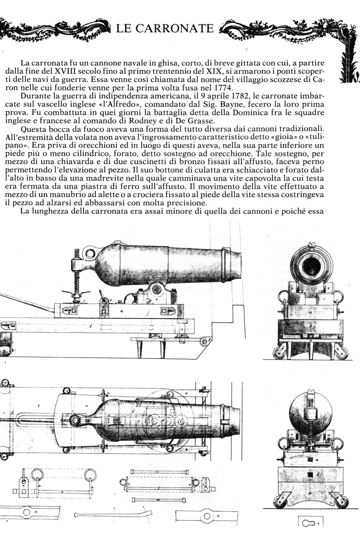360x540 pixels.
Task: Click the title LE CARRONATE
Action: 165,28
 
